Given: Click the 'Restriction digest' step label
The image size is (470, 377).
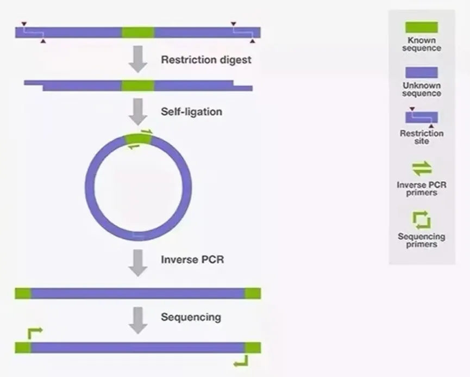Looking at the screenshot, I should pos(206,59).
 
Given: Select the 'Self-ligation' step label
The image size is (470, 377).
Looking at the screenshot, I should pos(191,112).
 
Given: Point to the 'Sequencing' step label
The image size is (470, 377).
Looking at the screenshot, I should pos(191,317).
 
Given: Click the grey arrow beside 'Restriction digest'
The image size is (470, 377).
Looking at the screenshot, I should pos(139,59).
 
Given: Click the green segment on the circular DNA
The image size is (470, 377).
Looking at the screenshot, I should pos(138,139).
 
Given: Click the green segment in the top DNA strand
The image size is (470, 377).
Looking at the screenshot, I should pos(138,33).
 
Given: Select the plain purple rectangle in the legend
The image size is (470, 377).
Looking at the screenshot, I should pos(422,73).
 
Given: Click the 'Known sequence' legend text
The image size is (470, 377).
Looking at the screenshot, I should pos(422,44).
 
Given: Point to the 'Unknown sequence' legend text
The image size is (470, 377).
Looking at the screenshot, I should pos(422,89).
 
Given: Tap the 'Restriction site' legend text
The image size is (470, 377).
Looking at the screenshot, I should pos(422,137).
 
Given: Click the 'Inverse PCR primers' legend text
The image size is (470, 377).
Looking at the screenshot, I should pos(422,188).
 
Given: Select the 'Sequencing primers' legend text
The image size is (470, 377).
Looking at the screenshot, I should pos(422,240).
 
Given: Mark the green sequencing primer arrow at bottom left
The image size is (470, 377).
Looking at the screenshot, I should pos(33,333).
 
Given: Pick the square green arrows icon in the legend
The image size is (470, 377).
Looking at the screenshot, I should pos(422,220).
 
